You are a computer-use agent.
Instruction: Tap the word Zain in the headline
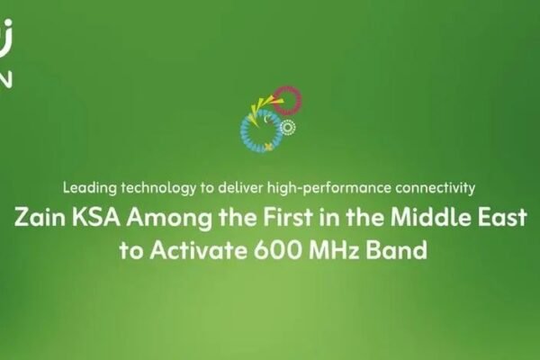40,218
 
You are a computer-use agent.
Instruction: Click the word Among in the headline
169,219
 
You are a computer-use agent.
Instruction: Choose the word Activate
198,250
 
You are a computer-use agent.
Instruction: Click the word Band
396,250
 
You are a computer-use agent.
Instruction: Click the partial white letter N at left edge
6,79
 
